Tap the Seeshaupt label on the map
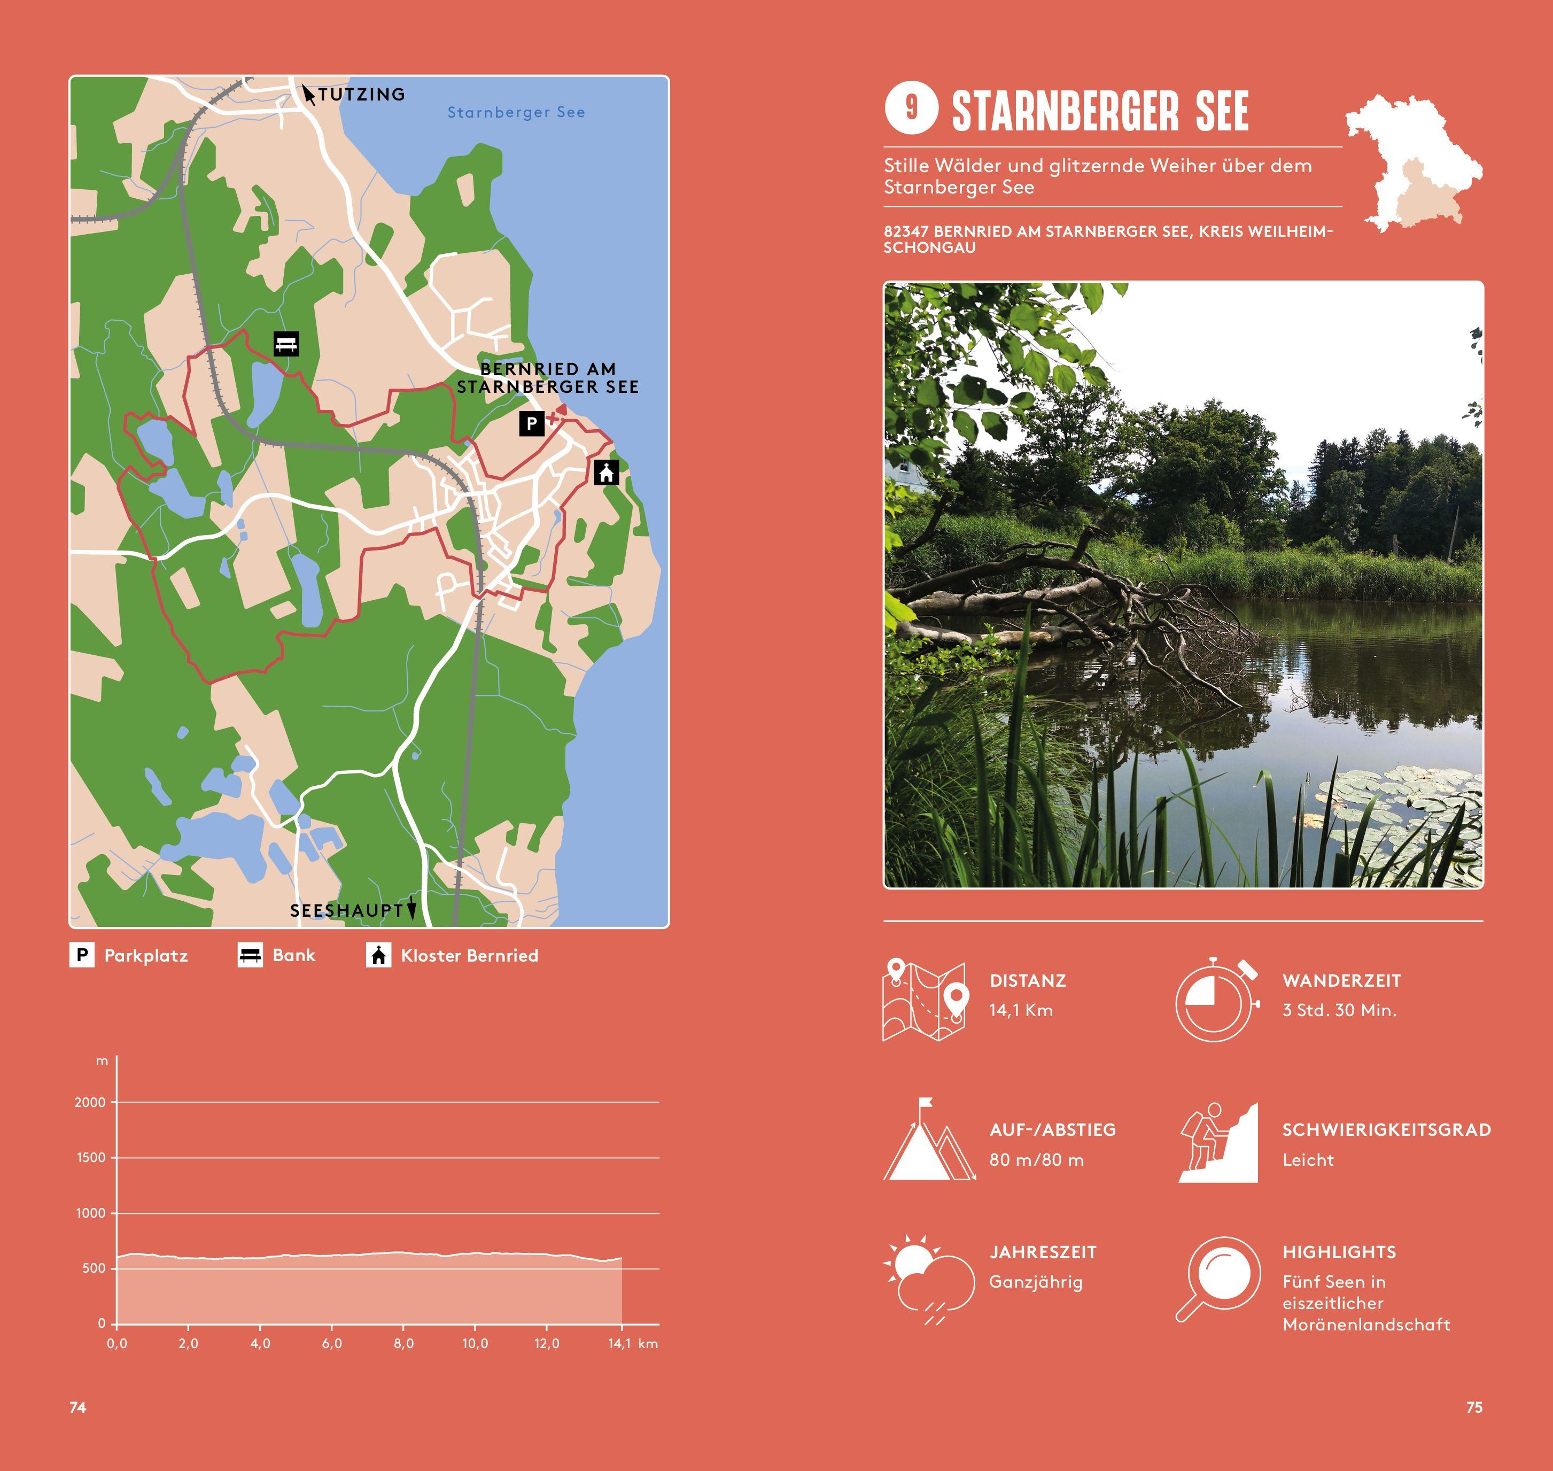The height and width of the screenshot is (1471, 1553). pos(346,910)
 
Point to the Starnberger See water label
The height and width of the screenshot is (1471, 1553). pos(516,112)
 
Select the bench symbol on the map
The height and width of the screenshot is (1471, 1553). pos(286,344)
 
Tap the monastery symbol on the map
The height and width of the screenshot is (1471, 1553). pos(606,472)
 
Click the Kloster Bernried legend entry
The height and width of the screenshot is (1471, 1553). pos(469,955)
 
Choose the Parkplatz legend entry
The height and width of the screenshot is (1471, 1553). pos(146,955)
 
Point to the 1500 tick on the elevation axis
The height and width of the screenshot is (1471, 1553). pos(91,1157)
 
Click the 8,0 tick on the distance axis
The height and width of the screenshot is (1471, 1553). pos(403,1343)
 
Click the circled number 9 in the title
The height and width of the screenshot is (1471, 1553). pos(911,107)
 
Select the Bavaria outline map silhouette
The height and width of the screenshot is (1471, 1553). pos(1414,163)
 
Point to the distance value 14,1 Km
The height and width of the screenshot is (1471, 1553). pos(1021,1010)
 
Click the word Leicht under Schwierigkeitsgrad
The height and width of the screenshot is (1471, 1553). pos(1308,1160)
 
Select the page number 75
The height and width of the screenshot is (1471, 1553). pos(1474,1407)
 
